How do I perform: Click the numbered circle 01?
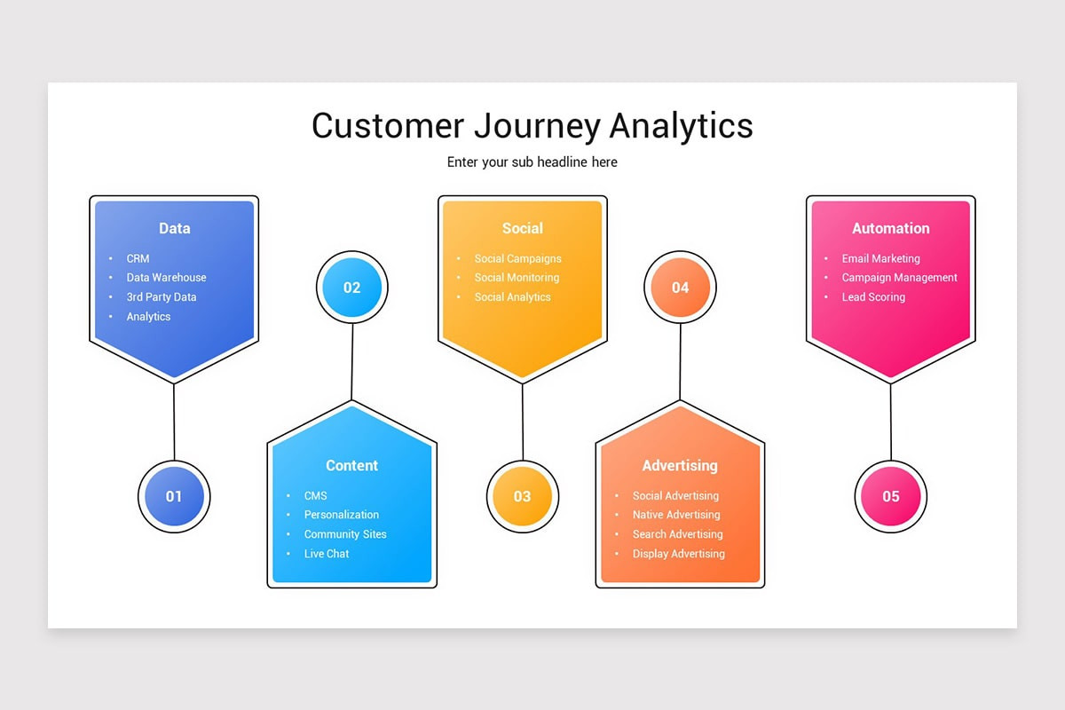click(x=174, y=497)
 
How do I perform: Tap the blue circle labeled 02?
click(x=352, y=288)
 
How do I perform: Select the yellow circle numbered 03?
click(x=522, y=497)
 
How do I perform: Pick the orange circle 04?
click(x=680, y=288)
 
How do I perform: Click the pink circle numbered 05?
click(x=890, y=497)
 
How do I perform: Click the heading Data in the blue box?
click(x=174, y=228)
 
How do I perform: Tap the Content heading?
click(x=351, y=465)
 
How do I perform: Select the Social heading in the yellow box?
click(x=522, y=228)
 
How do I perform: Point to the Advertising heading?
click(x=680, y=465)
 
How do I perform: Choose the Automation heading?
click(x=890, y=228)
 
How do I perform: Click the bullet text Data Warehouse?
click(x=166, y=278)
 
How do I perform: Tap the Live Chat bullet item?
click(x=327, y=554)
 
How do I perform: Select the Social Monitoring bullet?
click(x=517, y=278)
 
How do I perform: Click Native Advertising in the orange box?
click(x=676, y=515)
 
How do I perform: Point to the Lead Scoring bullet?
click(x=873, y=297)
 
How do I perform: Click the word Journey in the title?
click(x=536, y=125)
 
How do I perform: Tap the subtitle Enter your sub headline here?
click(x=532, y=162)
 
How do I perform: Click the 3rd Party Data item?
click(x=162, y=297)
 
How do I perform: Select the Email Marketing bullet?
click(x=880, y=259)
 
